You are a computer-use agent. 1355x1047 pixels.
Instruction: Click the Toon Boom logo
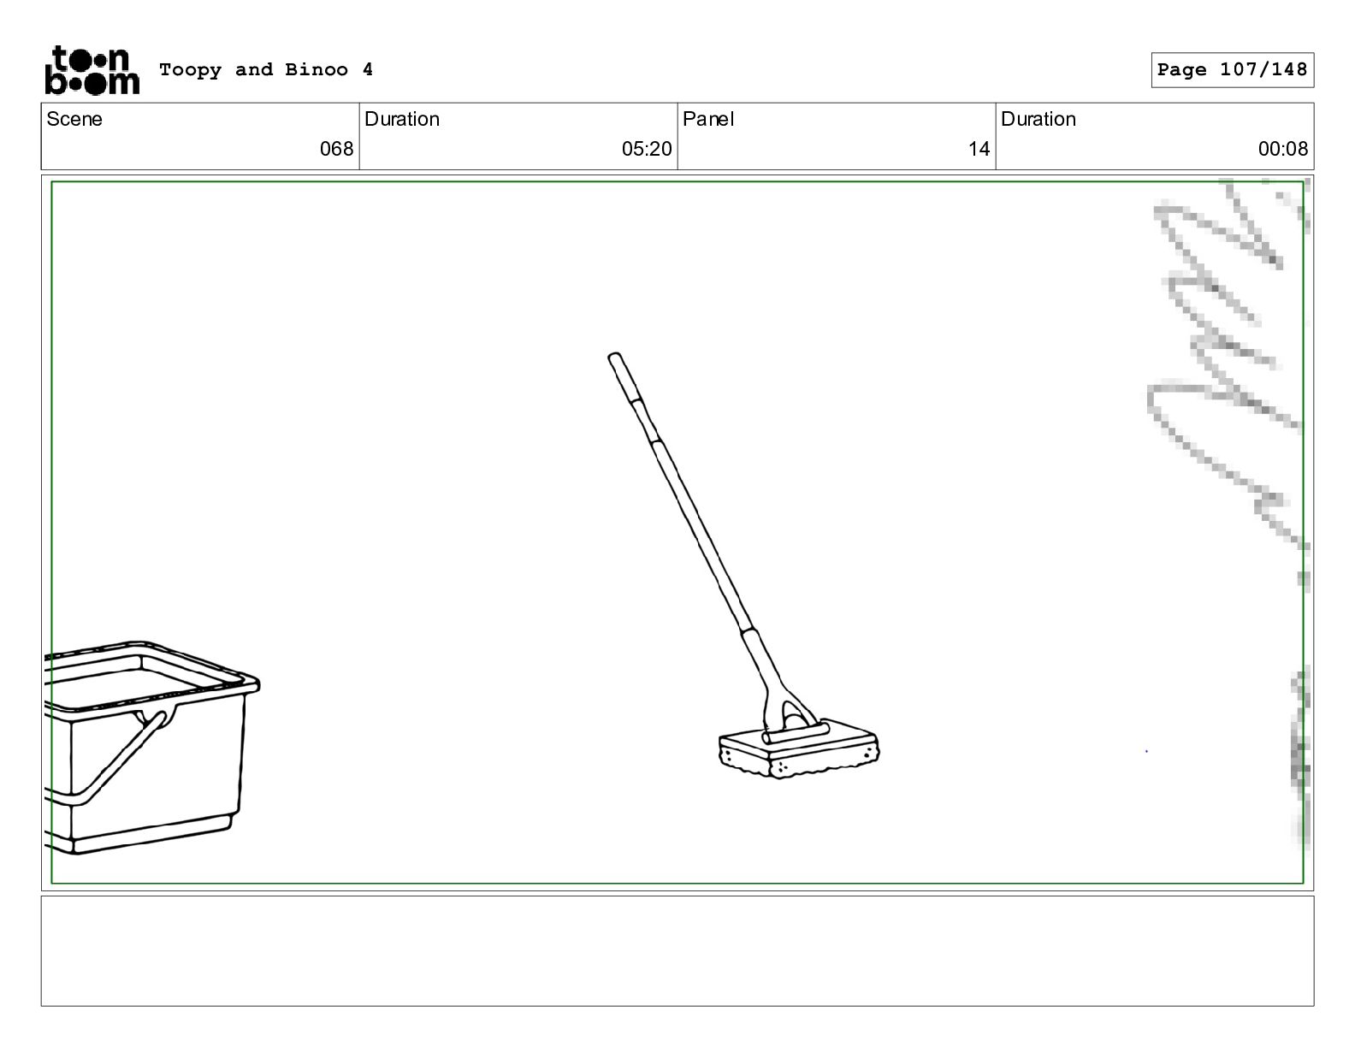(x=92, y=70)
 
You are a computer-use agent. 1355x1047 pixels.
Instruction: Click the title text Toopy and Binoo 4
(x=266, y=69)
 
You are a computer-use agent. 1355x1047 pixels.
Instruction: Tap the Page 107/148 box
(x=1232, y=70)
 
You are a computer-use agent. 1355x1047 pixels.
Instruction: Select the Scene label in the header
(x=74, y=119)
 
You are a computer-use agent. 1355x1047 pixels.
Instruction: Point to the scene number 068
(x=337, y=149)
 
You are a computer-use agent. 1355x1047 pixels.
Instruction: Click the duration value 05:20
(x=647, y=149)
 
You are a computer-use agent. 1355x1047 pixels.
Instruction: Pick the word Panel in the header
(x=707, y=119)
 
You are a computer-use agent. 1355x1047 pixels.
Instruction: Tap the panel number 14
(x=979, y=149)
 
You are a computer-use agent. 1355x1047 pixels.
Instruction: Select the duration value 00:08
(x=1282, y=149)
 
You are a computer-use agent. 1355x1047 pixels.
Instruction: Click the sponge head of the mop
(x=799, y=751)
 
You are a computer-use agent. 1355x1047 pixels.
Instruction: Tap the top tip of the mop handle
(x=613, y=355)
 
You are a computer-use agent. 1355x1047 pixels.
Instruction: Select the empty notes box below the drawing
(x=677, y=951)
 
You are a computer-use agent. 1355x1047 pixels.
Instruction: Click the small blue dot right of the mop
(x=1146, y=751)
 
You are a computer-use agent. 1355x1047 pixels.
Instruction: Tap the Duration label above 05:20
(x=402, y=119)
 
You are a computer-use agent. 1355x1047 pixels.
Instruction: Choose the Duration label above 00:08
(x=1038, y=119)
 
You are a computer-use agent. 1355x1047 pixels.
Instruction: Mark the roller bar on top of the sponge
(x=796, y=733)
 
